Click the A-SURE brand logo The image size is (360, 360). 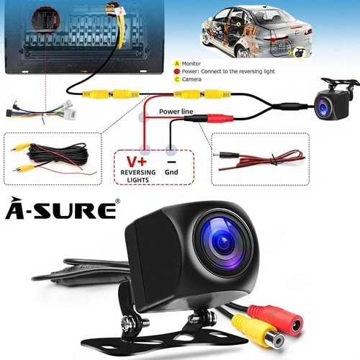[x=61, y=208]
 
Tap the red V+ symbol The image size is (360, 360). [x=136, y=161]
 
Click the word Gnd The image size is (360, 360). [x=171, y=172]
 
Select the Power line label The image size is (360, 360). [x=176, y=112]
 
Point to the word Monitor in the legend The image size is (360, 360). [x=192, y=63]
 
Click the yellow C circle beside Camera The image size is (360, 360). [x=177, y=79]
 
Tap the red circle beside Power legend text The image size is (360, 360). [x=177, y=71]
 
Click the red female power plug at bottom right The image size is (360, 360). [x=279, y=318]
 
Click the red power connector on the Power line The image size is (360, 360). [x=220, y=118]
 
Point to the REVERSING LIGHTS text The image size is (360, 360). [x=138, y=176]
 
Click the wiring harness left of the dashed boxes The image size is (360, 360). [x=41, y=111]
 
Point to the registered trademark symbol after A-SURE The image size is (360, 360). [x=117, y=201]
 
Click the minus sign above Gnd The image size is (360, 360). [x=171, y=162]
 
